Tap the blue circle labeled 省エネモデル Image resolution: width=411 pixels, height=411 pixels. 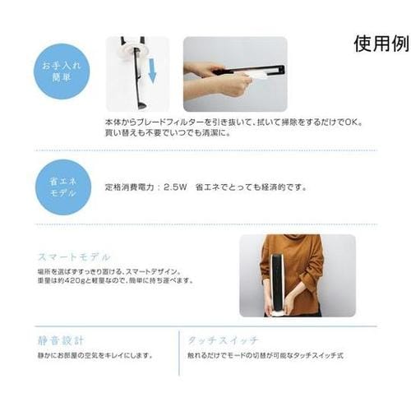pyautogui.click(x=62, y=186)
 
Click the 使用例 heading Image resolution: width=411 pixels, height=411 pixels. pyautogui.click(x=381, y=44)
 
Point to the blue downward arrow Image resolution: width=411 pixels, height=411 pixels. pyautogui.click(x=151, y=76)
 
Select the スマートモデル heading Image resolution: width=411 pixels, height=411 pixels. pyautogui.click(x=74, y=256)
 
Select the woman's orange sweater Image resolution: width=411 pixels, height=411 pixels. pyautogui.click(x=296, y=263)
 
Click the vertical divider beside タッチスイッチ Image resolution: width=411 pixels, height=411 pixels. pyautogui.click(x=179, y=352)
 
